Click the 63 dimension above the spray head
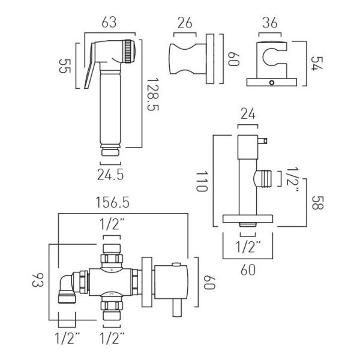click(x=109, y=23)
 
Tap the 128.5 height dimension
click(x=152, y=94)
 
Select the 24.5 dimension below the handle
click(x=110, y=175)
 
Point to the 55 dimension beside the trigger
click(x=65, y=66)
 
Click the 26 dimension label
click(x=185, y=23)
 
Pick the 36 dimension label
click(x=270, y=23)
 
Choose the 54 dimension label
click(x=317, y=64)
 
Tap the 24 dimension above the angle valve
click(x=248, y=113)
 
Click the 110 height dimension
click(x=202, y=181)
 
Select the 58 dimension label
click(x=317, y=203)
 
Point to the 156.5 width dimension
click(x=113, y=203)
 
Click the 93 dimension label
click(x=38, y=280)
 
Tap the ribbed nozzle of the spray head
click(x=129, y=51)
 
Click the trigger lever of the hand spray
click(x=89, y=66)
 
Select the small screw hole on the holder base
click(x=272, y=83)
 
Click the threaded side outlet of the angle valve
click(x=263, y=179)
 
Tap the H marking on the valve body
click(x=112, y=271)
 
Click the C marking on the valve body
click(x=112, y=293)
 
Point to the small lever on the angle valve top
click(x=263, y=140)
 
